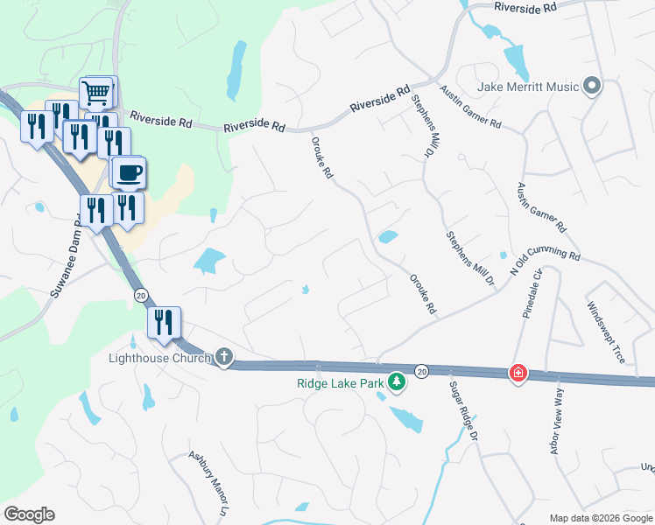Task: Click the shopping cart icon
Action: tap(97, 92)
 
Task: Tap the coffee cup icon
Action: tap(129, 171)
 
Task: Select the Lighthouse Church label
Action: tap(159, 358)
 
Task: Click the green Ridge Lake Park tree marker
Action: tap(397, 381)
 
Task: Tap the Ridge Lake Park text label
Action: tap(341, 381)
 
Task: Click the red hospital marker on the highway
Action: tap(518, 373)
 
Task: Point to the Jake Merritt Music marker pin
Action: tap(592, 86)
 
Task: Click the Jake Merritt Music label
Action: tap(529, 87)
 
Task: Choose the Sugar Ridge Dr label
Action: tap(463, 410)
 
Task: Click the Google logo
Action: tap(29, 514)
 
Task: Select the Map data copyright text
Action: tap(601, 518)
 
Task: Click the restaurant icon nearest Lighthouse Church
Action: tap(165, 322)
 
